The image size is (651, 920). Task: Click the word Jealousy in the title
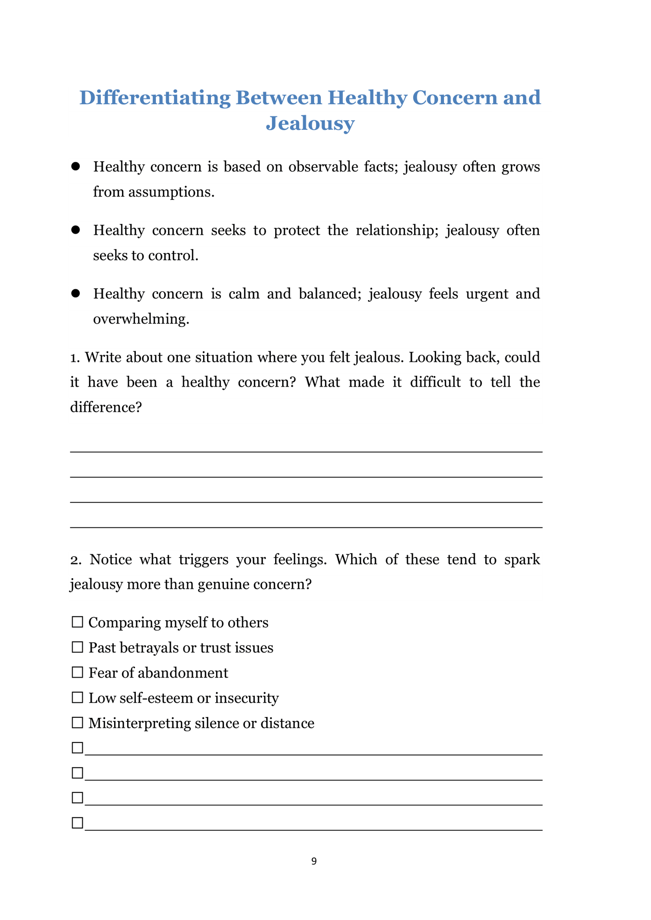tap(310, 124)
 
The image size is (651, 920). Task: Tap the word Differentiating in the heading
tap(155, 98)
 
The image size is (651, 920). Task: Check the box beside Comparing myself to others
tap(77, 622)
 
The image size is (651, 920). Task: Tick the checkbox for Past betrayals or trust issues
tap(77, 647)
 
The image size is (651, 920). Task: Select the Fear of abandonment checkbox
tap(77, 672)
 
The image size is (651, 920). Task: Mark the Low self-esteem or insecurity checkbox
tap(77, 697)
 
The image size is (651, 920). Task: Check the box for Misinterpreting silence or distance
tap(77, 723)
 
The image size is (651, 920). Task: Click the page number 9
tap(314, 861)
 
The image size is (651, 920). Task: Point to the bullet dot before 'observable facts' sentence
tap(76, 167)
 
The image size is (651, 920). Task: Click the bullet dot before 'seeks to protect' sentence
tap(76, 230)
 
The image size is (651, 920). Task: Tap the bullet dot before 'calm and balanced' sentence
tap(76, 294)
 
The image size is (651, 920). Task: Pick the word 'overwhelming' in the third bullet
tap(141, 319)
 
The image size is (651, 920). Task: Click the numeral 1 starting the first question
tap(74, 357)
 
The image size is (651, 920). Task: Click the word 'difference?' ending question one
tap(106, 407)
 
